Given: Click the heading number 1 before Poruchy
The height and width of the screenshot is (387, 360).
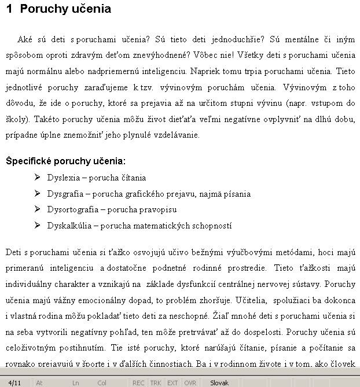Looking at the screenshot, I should tap(9, 10).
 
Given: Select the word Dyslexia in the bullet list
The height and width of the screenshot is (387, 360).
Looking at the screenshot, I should tap(63, 178).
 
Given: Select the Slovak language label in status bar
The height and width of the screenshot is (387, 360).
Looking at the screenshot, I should tap(219, 382).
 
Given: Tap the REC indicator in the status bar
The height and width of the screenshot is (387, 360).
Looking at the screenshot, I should tap(138, 382).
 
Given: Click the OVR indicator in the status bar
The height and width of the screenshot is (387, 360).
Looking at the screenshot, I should tap(190, 382).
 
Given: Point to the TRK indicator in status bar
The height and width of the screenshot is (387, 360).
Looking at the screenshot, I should tap(156, 382).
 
